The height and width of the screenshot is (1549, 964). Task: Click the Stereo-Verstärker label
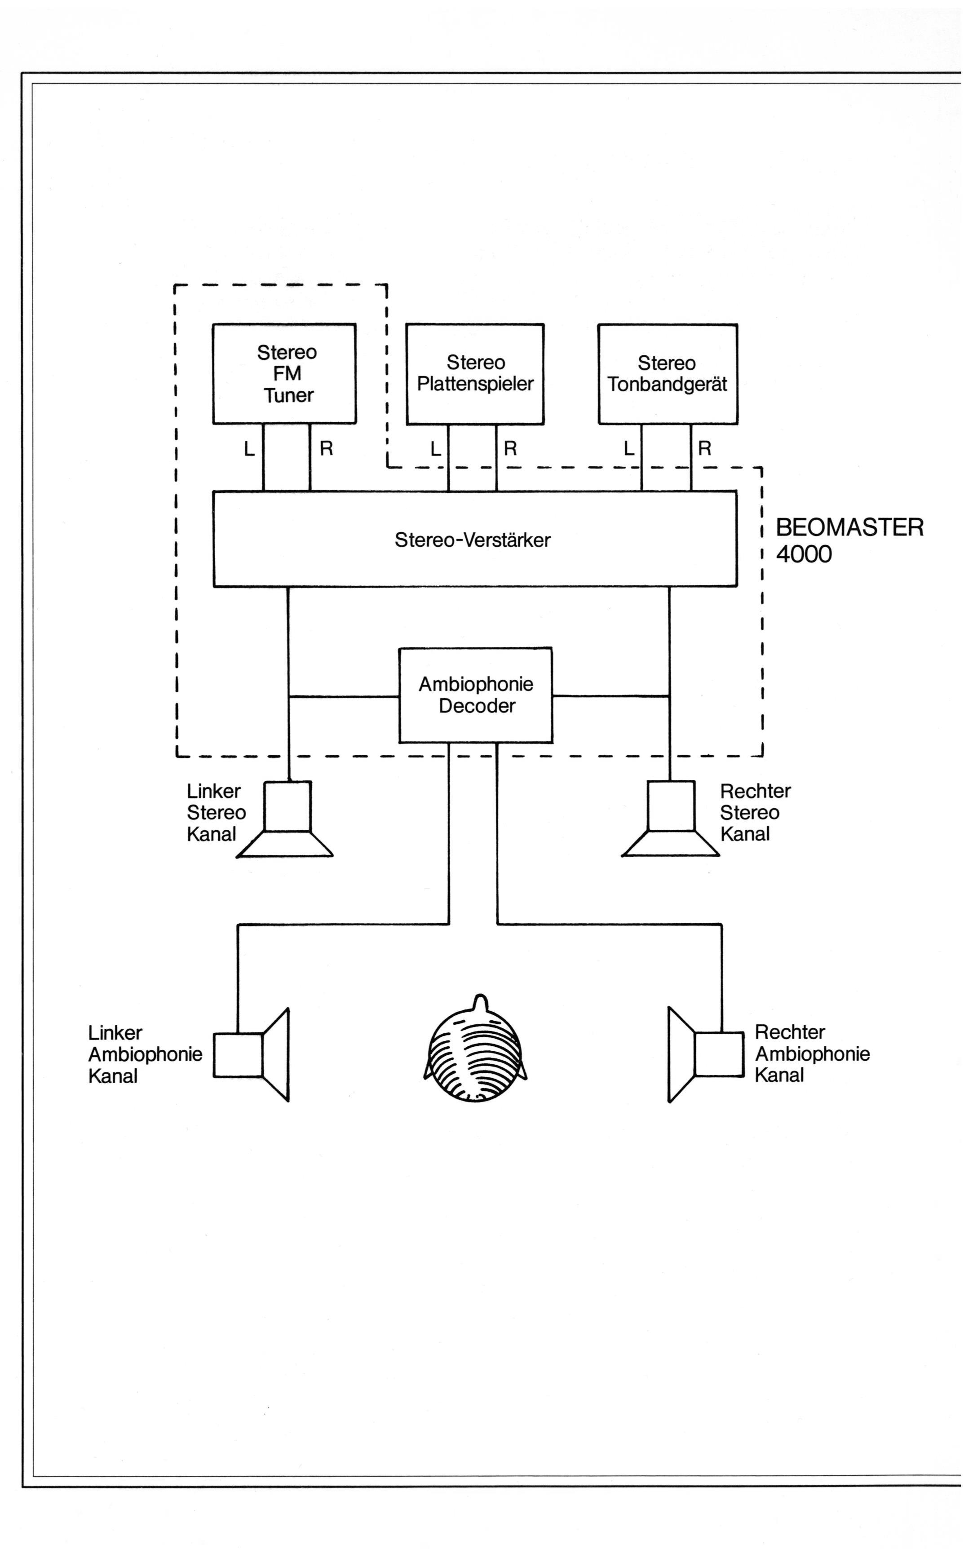coord(473,540)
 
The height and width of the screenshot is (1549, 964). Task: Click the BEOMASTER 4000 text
coord(849,540)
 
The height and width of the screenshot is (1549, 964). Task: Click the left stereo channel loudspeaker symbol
coord(285,819)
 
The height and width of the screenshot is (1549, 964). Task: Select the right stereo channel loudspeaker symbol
coord(671,819)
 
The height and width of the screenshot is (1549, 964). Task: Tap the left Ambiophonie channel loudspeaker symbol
coord(251,1055)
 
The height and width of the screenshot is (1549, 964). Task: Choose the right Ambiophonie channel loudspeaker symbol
coord(706,1055)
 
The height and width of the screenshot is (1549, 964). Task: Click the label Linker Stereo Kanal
coord(216,813)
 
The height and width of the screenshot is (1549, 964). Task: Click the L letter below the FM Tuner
coord(249,449)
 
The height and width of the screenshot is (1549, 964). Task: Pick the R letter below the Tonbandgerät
coord(704,449)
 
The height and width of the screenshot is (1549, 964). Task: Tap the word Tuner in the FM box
coord(289,395)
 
